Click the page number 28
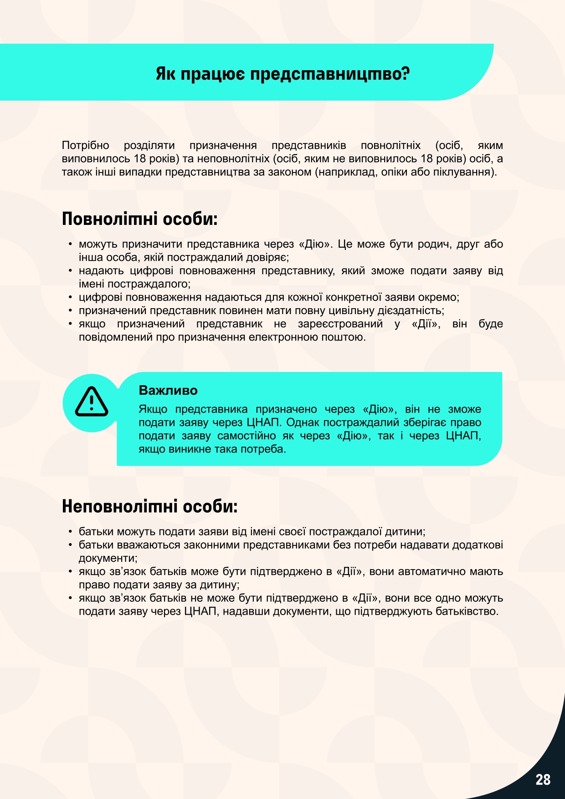click(543, 779)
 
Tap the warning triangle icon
click(92, 402)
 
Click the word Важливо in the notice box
click(168, 390)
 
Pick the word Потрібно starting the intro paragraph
click(86, 145)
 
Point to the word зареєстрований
click(340, 324)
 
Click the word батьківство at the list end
click(467, 611)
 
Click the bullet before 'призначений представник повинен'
click(70, 310)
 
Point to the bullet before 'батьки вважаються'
click(70, 545)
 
